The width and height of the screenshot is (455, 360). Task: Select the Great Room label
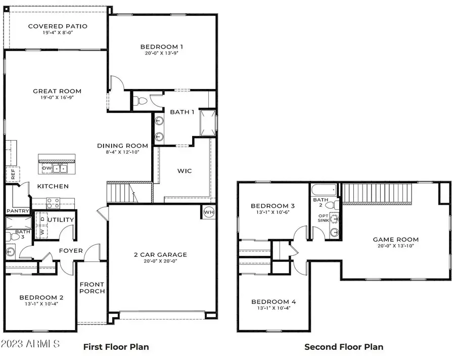[57, 92]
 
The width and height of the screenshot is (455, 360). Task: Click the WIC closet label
[184, 171]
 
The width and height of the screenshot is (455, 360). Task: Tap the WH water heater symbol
[209, 212]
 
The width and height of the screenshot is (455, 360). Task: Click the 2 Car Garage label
[161, 255]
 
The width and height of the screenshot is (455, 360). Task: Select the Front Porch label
[92, 288]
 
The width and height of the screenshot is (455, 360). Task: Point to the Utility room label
[61, 220]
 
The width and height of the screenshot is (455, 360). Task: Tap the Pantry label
[17, 211]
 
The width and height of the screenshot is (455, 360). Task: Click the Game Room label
[395, 240]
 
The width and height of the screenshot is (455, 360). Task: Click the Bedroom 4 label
[274, 302]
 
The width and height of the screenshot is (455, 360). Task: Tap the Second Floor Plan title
[343, 347]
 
